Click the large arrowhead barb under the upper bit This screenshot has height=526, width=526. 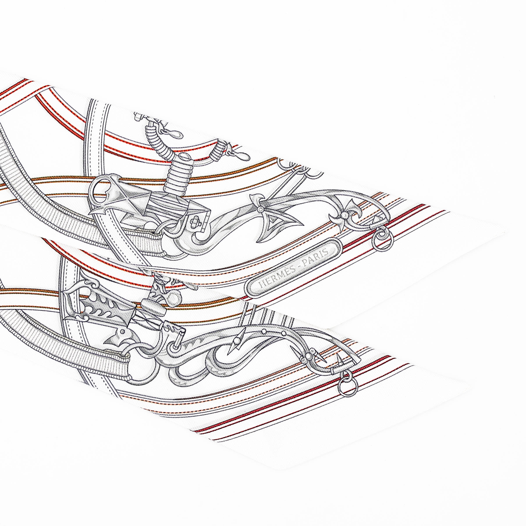click(x=272, y=229)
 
